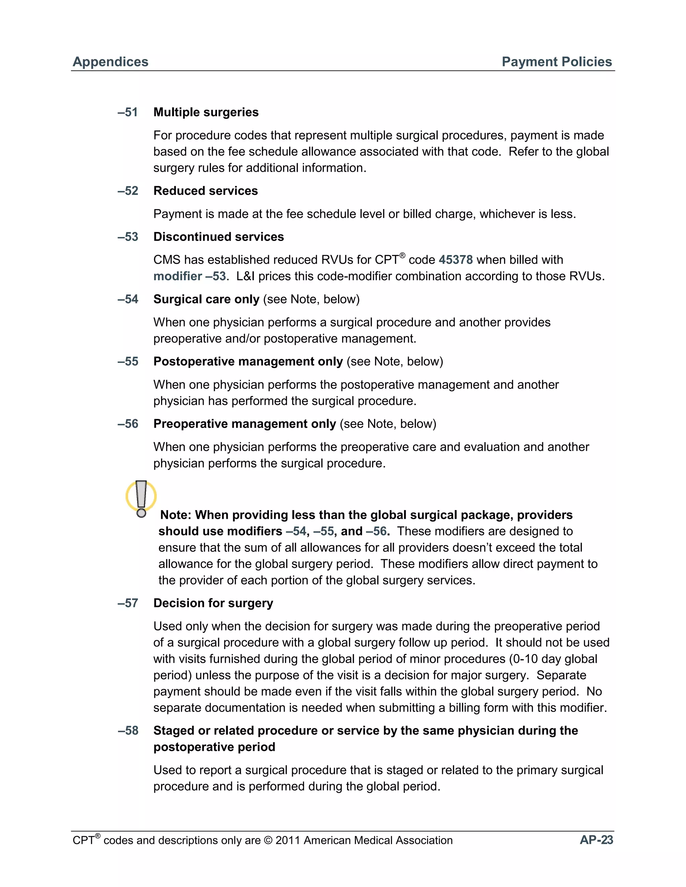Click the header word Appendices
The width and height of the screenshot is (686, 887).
coord(110,62)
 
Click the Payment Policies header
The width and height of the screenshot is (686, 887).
coord(556,62)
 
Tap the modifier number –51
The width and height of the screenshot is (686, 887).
coord(128,112)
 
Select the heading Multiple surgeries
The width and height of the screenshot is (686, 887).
coord(206,112)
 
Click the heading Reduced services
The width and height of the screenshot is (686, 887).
coord(205,191)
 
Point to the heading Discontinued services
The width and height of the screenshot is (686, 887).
coord(218,237)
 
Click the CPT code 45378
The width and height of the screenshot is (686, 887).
coord(456,260)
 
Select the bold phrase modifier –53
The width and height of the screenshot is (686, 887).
coord(189,276)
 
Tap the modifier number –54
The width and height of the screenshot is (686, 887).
coord(128,299)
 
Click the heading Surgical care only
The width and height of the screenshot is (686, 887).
coord(206,299)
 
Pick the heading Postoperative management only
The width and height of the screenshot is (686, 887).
coord(248,361)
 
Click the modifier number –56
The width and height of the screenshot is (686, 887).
coord(128,424)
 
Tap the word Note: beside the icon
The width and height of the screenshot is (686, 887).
coord(176,515)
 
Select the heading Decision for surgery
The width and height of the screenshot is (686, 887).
coord(213,603)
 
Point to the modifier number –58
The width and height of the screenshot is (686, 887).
coord(128,731)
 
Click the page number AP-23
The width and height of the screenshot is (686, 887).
coord(596,840)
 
